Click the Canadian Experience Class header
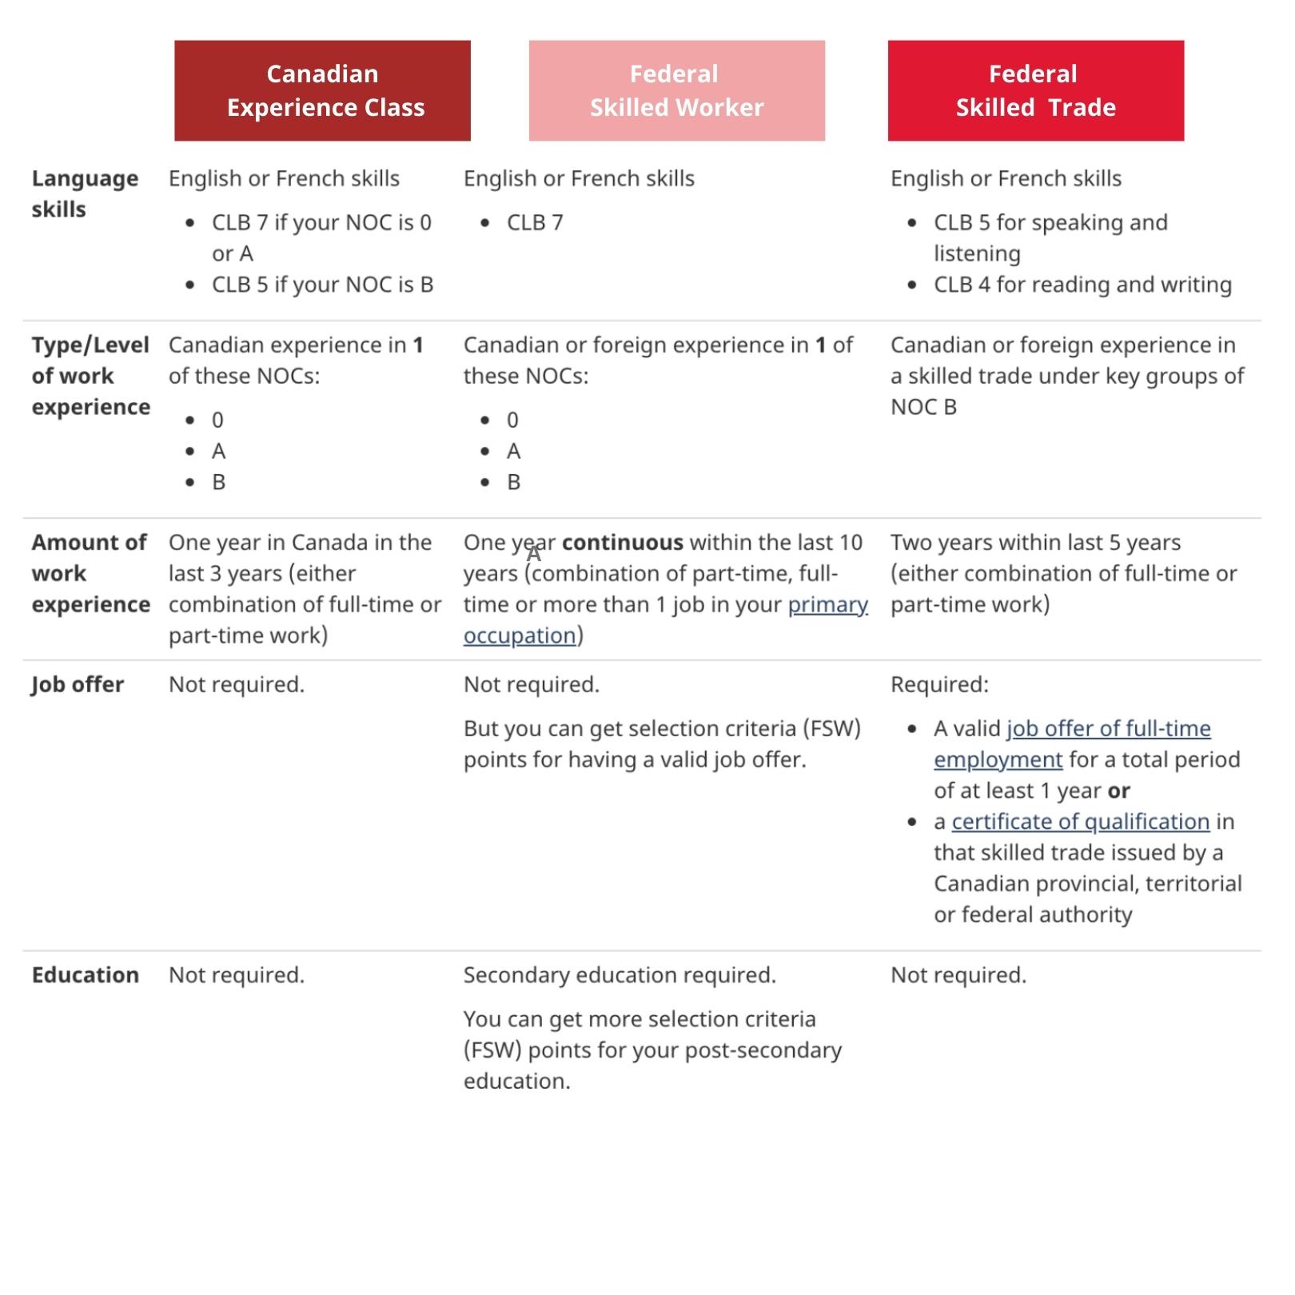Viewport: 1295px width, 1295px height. (x=322, y=90)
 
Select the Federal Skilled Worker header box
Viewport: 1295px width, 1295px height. (x=676, y=90)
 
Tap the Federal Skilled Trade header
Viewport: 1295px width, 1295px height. (x=1035, y=90)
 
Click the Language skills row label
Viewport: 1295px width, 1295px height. (x=84, y=193)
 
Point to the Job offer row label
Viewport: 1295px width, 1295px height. (x=78, y=685)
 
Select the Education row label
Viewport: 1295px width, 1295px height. (x=85, y=975)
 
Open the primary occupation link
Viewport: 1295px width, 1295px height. (x=827, y=605)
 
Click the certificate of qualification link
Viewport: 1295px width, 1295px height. (x=1080, y=822)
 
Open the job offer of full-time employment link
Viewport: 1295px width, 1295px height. (x=1108, y=729)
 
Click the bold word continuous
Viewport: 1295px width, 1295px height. (x=622, y=543)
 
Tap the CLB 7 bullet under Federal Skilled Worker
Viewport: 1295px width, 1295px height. (x=535, y=223)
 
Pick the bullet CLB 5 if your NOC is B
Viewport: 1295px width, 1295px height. (x=322, y=285)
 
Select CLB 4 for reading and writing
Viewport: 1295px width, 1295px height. (x=1082, y=285)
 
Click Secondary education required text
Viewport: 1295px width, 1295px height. (x=620, y=975)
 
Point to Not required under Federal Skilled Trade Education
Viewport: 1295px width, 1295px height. (x=958, y=975)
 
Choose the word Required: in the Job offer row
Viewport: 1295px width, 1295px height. (x=939, y=685)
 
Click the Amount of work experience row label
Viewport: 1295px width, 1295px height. (x=90, y=573)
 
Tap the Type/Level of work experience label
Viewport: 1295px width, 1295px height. (x=90, y=376)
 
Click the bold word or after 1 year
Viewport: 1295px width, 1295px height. (x=1118, y=791)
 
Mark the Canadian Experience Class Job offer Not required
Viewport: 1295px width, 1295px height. (x=237, y=685)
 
